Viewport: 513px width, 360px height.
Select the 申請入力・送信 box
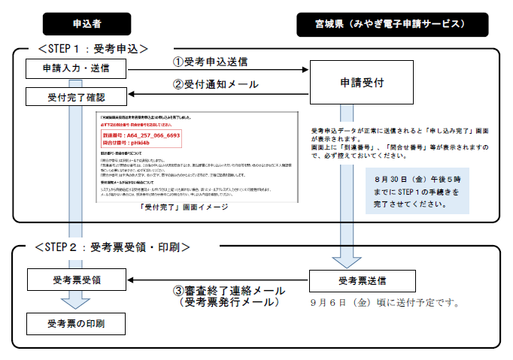75,69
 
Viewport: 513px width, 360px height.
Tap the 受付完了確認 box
75,97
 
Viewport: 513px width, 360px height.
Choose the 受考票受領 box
75,280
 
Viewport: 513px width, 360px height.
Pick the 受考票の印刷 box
75,325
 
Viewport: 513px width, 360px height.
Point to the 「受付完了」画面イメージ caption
184,207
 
